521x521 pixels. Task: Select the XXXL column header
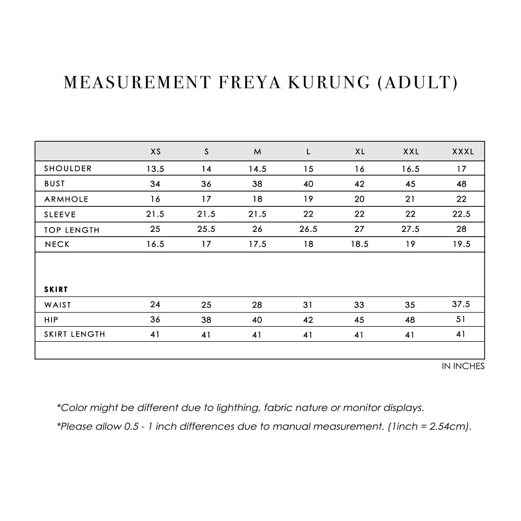pyautogui.click(x=463, y=152)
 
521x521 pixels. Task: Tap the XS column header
pyautogui.click(x=155, y=152)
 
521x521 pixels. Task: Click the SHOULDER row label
pyautogui.click(x=68, y=168)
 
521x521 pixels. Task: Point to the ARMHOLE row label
pyautogui.click(x=66, y=199)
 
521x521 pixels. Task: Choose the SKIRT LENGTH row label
pyautogui.click(x=75, y=334)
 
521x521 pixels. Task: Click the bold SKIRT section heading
pyautogui.click(x=56, y=289)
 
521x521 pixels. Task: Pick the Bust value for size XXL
pyautogui.click(x=411, y=184)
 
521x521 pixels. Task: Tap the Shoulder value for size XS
pyautogui.click(x=155, y=169)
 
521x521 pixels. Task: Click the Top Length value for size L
pyautogui.click(x=308, y=229)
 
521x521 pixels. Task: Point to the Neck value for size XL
pyautogui.click(x=359, y=244)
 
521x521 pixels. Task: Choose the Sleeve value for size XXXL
pyautogui.click(x=462, y=214)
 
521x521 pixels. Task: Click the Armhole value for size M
pyautogui.click(x=257, y=199)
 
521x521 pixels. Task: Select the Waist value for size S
pyautogui.click(x=206, y=305)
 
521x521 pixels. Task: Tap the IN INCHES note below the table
pyautogui.click(x=463, y=366)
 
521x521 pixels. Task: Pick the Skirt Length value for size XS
pyautogui.click(x=155, y=334)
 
